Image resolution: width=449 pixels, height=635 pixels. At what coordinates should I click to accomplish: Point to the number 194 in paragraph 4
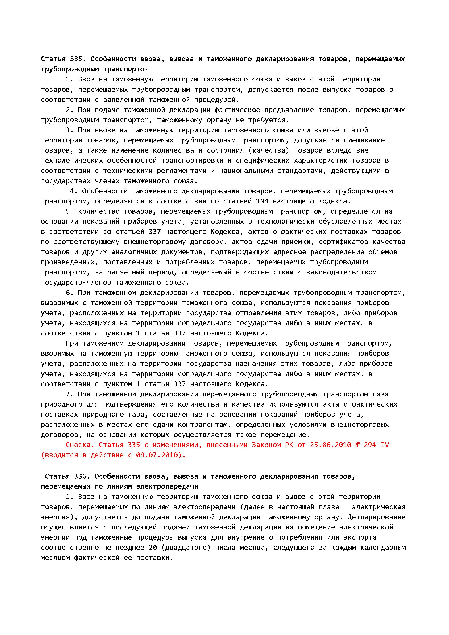pyautogui.click(x=262, y=201)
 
